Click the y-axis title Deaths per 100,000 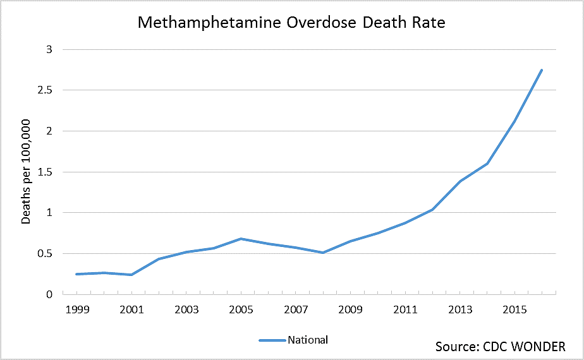(x=26, y=172)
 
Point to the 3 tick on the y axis (x=50, y=49)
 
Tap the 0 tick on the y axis (x=50, y=294)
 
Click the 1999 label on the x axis (x=76, y=310)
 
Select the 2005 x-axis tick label (x=241, y=310)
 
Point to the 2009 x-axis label (x=351, y=310)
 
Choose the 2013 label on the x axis (x=460, y=310)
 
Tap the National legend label (x=308, y=340)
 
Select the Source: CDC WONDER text (x=500, y=346)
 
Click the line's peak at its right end (x=542, y=70)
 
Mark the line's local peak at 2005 (x=241, y=239)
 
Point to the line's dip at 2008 (x=323, y=253)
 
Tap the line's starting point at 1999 (x=76, y=274)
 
